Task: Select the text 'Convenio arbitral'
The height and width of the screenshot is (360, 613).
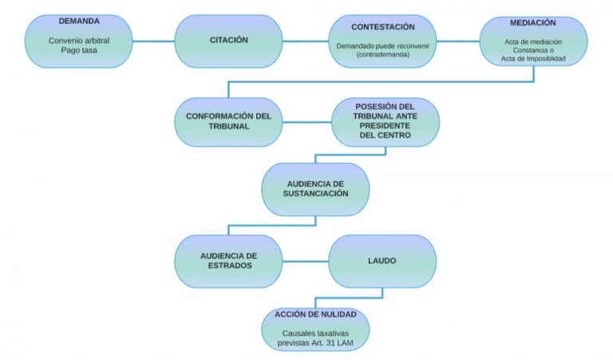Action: click(x=78, y=40)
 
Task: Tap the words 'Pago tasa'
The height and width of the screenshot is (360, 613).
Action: click(x=78, y=50)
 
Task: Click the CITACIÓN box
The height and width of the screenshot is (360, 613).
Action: click(x=228, y=40)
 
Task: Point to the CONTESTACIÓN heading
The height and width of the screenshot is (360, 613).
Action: click(x=383, y=27)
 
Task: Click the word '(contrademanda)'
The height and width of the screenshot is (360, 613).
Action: click(x=383, y=54)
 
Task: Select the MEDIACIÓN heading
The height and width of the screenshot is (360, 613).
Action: click(x=533, y=23)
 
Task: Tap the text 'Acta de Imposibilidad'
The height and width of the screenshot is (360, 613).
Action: click(x=534, y=59)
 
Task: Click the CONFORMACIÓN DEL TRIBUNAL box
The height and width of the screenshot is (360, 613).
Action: click(x=228, y=121)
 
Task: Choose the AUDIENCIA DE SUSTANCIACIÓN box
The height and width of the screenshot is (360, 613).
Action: click(x=316, y=188)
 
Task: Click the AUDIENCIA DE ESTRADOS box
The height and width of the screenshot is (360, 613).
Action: click(x=228, y=260)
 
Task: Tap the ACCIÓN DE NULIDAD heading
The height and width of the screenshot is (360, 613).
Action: click(x=316, y=314)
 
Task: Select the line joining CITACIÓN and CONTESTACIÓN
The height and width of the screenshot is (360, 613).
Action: click(x=306, y=40)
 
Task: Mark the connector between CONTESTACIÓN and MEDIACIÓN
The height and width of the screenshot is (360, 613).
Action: click(x=457, y=40)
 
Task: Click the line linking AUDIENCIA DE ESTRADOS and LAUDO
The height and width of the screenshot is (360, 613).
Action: click(x=306, y=260)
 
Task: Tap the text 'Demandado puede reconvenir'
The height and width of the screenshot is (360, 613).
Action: click(x=383, y=45)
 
